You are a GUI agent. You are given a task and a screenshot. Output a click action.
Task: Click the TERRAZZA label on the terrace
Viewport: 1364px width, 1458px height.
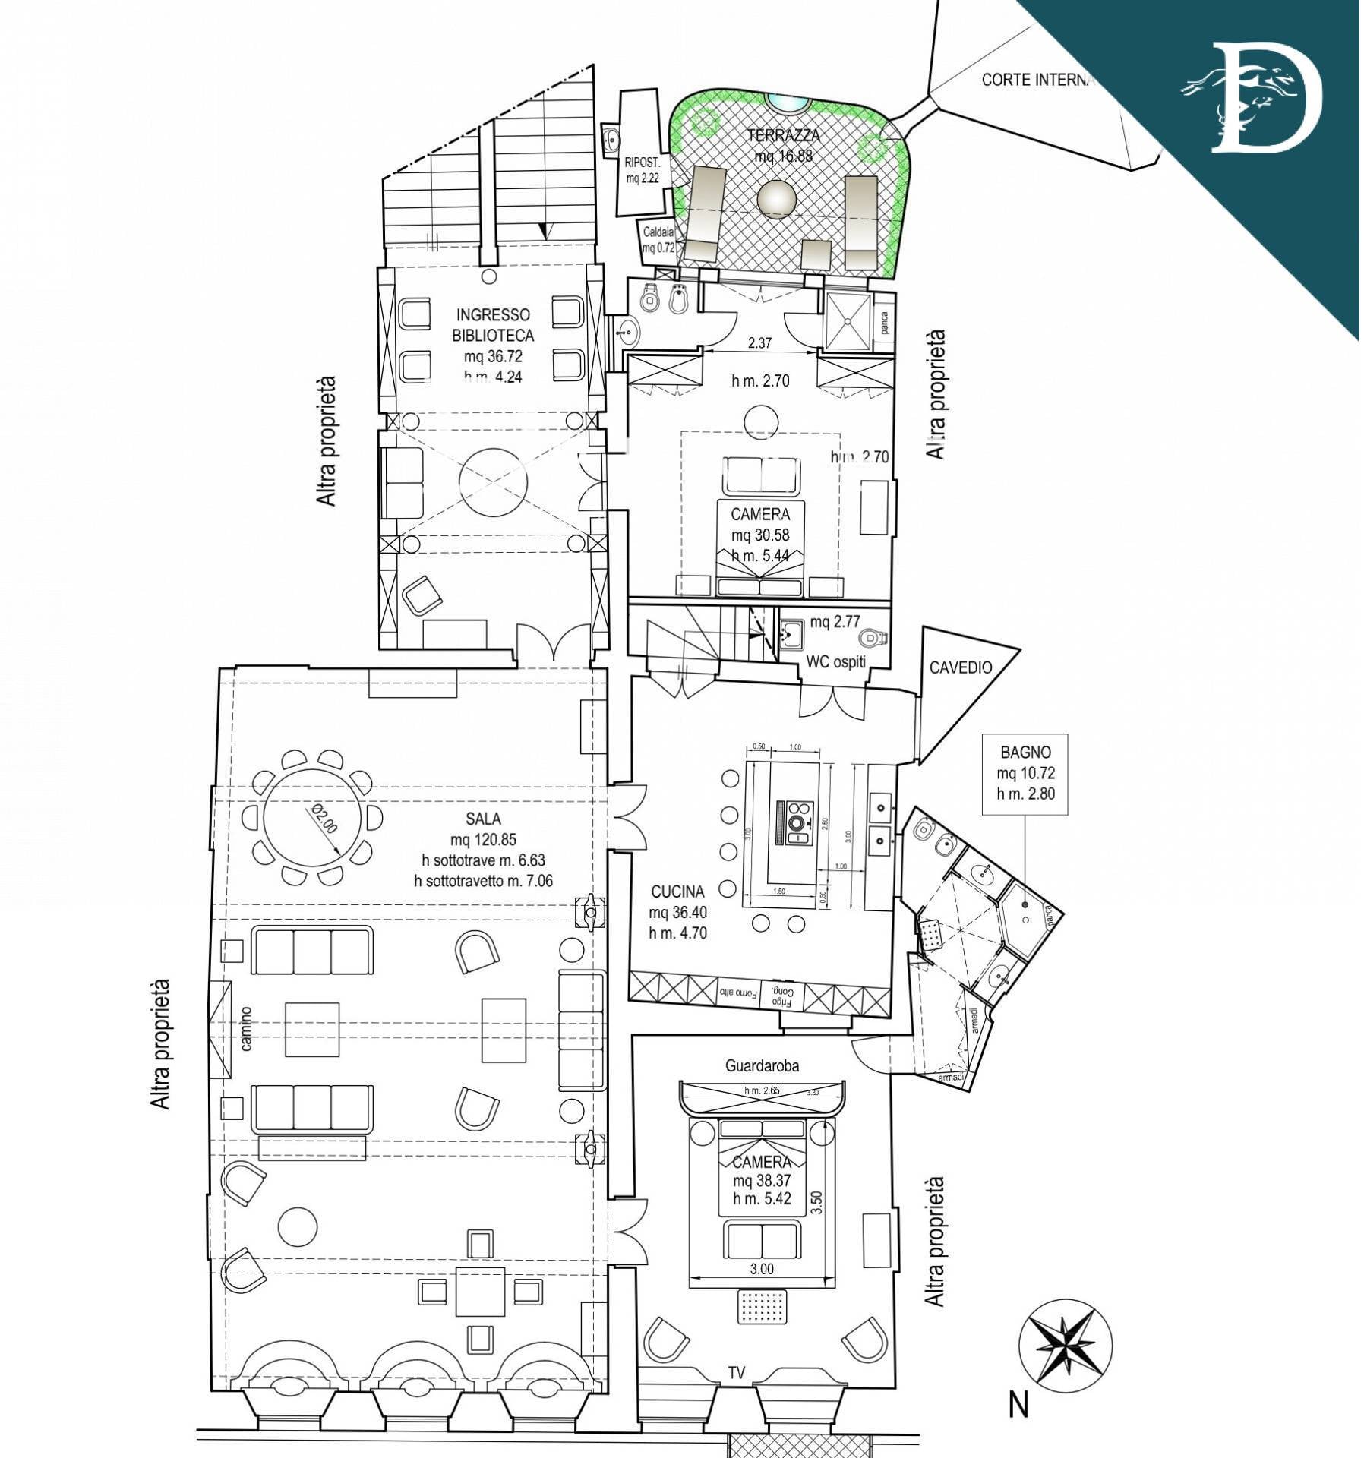pos(783,135)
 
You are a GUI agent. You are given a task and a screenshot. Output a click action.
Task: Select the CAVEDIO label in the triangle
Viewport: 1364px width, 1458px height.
pos(961,667)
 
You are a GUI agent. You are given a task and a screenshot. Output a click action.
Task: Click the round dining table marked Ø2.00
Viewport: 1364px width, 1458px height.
pos(312,818)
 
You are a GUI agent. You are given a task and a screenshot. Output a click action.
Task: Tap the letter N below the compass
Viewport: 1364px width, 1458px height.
pos(1018,1406)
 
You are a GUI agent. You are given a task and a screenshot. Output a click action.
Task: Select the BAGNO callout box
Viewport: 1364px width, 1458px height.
pos(1025,774)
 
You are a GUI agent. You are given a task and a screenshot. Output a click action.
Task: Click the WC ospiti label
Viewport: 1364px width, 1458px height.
pos(835,661)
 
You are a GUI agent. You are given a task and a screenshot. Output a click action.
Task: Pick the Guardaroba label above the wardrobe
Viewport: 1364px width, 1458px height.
pos(762,1065)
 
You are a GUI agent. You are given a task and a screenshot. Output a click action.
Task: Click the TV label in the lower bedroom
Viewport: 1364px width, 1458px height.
pos(736,1372)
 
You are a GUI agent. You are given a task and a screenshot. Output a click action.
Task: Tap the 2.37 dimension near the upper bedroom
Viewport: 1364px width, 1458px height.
pos(759,342)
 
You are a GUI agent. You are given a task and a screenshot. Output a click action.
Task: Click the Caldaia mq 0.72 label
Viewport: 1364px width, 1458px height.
pos(658,239)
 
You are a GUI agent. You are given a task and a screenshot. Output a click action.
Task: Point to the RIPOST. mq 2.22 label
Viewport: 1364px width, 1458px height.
pos(642,170)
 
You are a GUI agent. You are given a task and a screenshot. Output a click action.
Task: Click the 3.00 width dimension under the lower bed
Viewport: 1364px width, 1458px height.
pos(761,1268)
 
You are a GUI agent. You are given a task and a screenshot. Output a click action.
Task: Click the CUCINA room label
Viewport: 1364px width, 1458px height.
pos(677,891)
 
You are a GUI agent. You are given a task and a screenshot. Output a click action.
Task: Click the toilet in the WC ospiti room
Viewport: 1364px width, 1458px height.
pos(869,637)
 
